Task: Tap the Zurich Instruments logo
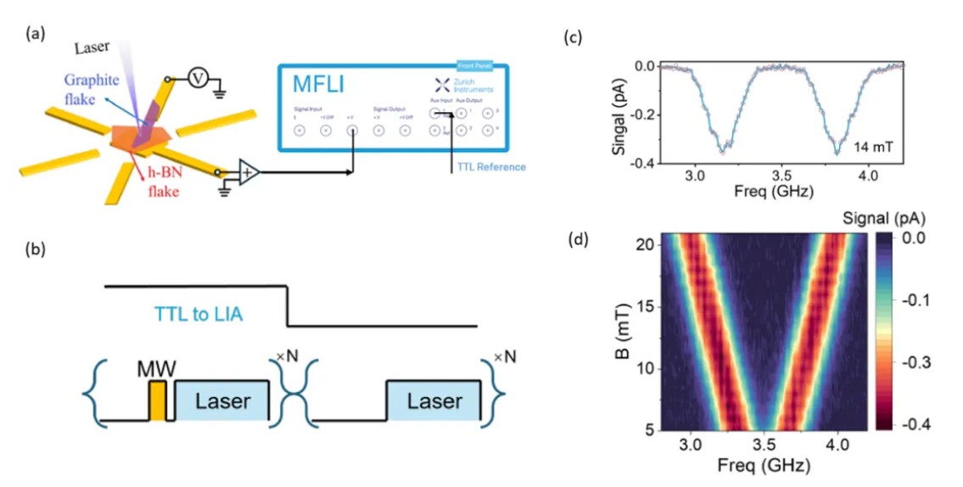click(441, 85)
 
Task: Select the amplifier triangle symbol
click(247, 171)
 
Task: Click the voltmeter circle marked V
click(197, 78)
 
